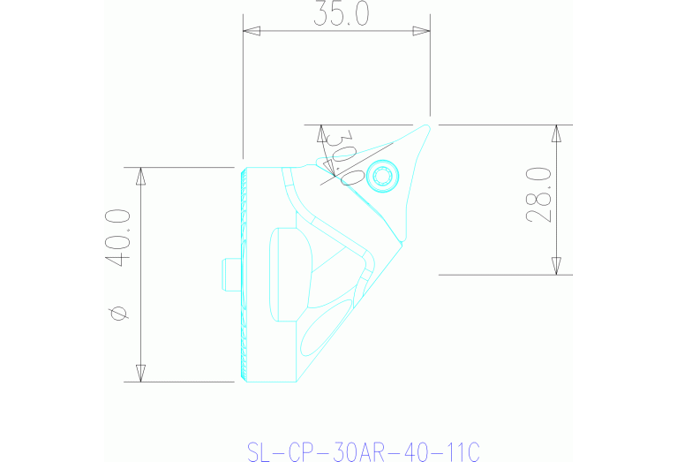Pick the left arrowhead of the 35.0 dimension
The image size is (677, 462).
point(252,32)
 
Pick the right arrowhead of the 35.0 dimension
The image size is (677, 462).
point(422,32)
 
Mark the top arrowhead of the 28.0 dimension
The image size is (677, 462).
point(556,133)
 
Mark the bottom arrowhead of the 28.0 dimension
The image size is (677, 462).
point(556,266)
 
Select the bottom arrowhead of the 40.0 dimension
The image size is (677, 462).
point(139,373)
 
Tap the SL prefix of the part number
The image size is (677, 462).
point(258,452)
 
